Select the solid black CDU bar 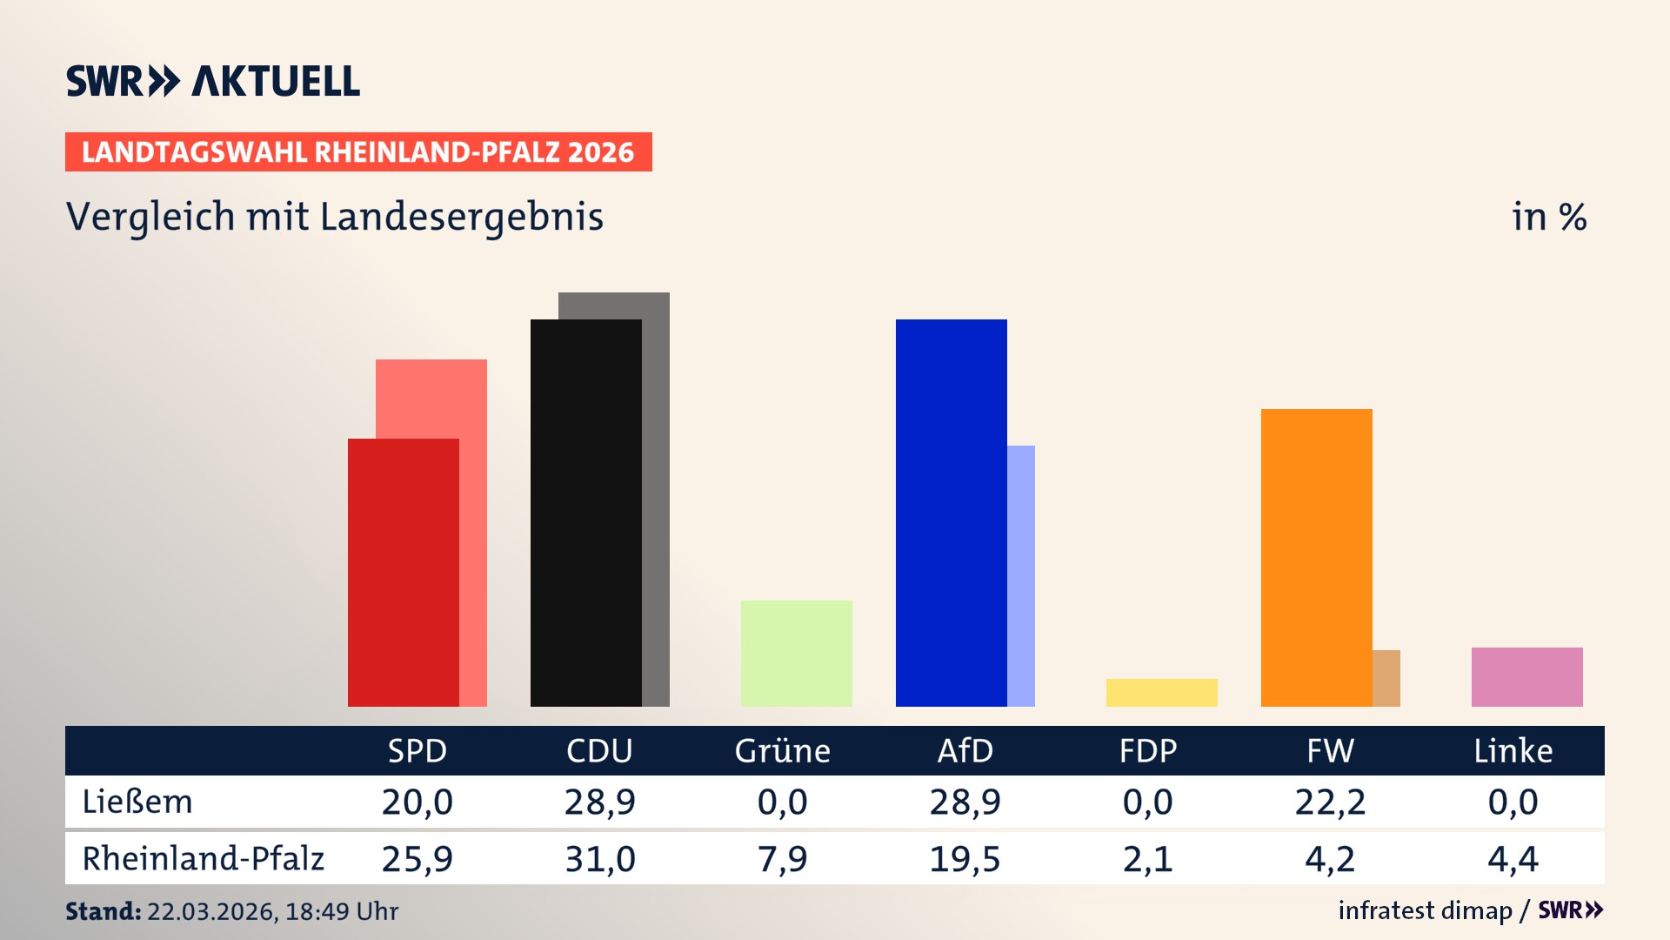pos(586,514)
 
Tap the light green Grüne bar pos(797,654)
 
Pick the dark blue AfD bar pos(952,514)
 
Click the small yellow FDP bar pos(1162,693)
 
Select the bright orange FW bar pos(1317,558)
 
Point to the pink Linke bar pos(1527,677)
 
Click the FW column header pos(1330,751)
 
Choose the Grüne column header pos(782,751)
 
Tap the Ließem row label pos(137,802)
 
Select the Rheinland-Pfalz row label pos(203,859)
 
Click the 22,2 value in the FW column pos(1330,802)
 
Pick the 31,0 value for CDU pos(600,859)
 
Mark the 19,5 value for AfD pos(965,859)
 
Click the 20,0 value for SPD pos(417,802)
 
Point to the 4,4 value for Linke pos(1513,859)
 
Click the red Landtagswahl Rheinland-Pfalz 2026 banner pos(358,152)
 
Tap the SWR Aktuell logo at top pos(213,81)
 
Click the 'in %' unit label pos(1549,217)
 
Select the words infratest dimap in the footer pos(1425,910)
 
